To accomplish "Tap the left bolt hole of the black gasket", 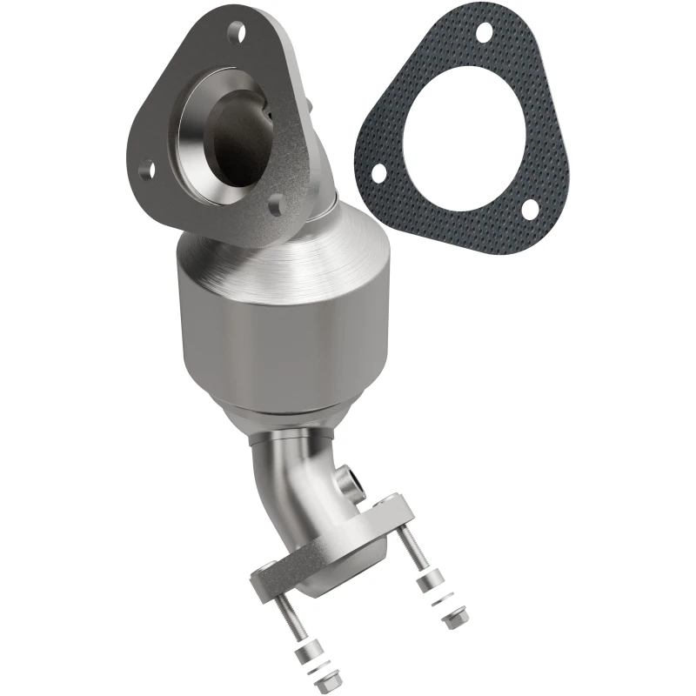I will tap(378, 173).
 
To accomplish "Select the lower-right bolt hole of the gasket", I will tap(527, 209).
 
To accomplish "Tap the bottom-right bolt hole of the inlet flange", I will tap(276, 206).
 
